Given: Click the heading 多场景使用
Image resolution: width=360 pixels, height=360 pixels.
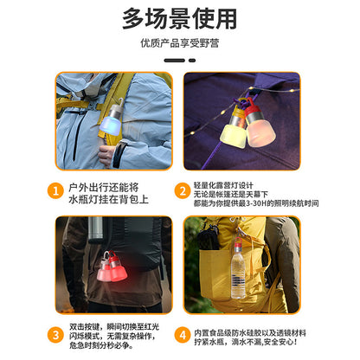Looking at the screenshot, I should click(x=179, y=18).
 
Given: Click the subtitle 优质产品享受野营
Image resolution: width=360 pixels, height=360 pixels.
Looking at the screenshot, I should click(x=179, y=42).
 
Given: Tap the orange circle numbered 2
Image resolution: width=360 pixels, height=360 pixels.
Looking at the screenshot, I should click(x=184, y=190).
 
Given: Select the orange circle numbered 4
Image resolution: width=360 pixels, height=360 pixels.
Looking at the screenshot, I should click(x=184, y=334).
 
